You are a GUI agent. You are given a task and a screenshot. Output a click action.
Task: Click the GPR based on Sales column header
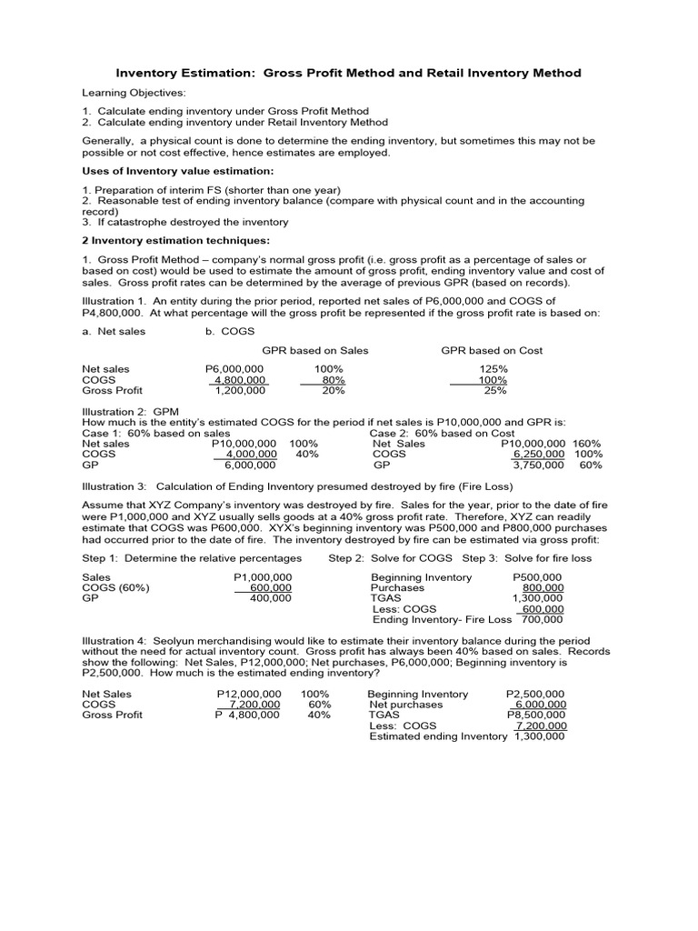tap(315, 350)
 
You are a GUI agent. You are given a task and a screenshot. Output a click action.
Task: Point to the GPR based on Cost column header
tap(492, 350)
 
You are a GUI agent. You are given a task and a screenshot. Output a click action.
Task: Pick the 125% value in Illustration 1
tap(493, 369)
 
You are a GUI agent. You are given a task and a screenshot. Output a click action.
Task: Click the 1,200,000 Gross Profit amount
tap(240, 390)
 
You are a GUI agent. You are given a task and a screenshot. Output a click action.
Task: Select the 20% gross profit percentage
tap(333, 390)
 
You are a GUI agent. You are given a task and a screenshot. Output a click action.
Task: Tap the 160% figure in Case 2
tap(587, 444)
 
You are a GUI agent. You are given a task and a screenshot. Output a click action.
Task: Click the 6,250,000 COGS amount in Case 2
tap(540, 454)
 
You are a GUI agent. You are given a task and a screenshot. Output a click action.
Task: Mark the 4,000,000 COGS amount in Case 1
tap(251, 454)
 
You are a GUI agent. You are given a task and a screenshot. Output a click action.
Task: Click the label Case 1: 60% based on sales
tap(156, 434)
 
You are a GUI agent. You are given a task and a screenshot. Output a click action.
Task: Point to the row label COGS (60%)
tap(115, 588)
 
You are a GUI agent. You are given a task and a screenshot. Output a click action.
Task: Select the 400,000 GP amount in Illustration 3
tap(270, 598)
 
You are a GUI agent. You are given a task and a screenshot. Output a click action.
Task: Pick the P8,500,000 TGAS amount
tap(536, 716)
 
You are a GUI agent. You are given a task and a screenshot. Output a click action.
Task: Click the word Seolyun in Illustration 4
tap(175, 641)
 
